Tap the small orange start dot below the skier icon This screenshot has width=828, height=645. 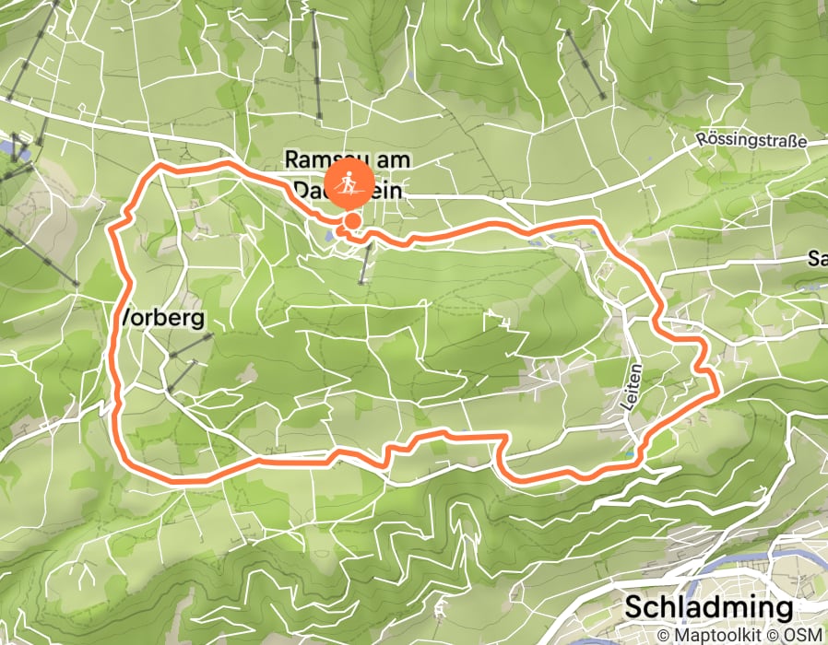coord(352,221)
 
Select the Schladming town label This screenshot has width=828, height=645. coord(708,607)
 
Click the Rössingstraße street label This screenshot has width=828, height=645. coord(753,141)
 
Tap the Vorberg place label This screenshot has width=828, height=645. coord(161,318)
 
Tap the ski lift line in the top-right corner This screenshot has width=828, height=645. coord(585,64)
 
